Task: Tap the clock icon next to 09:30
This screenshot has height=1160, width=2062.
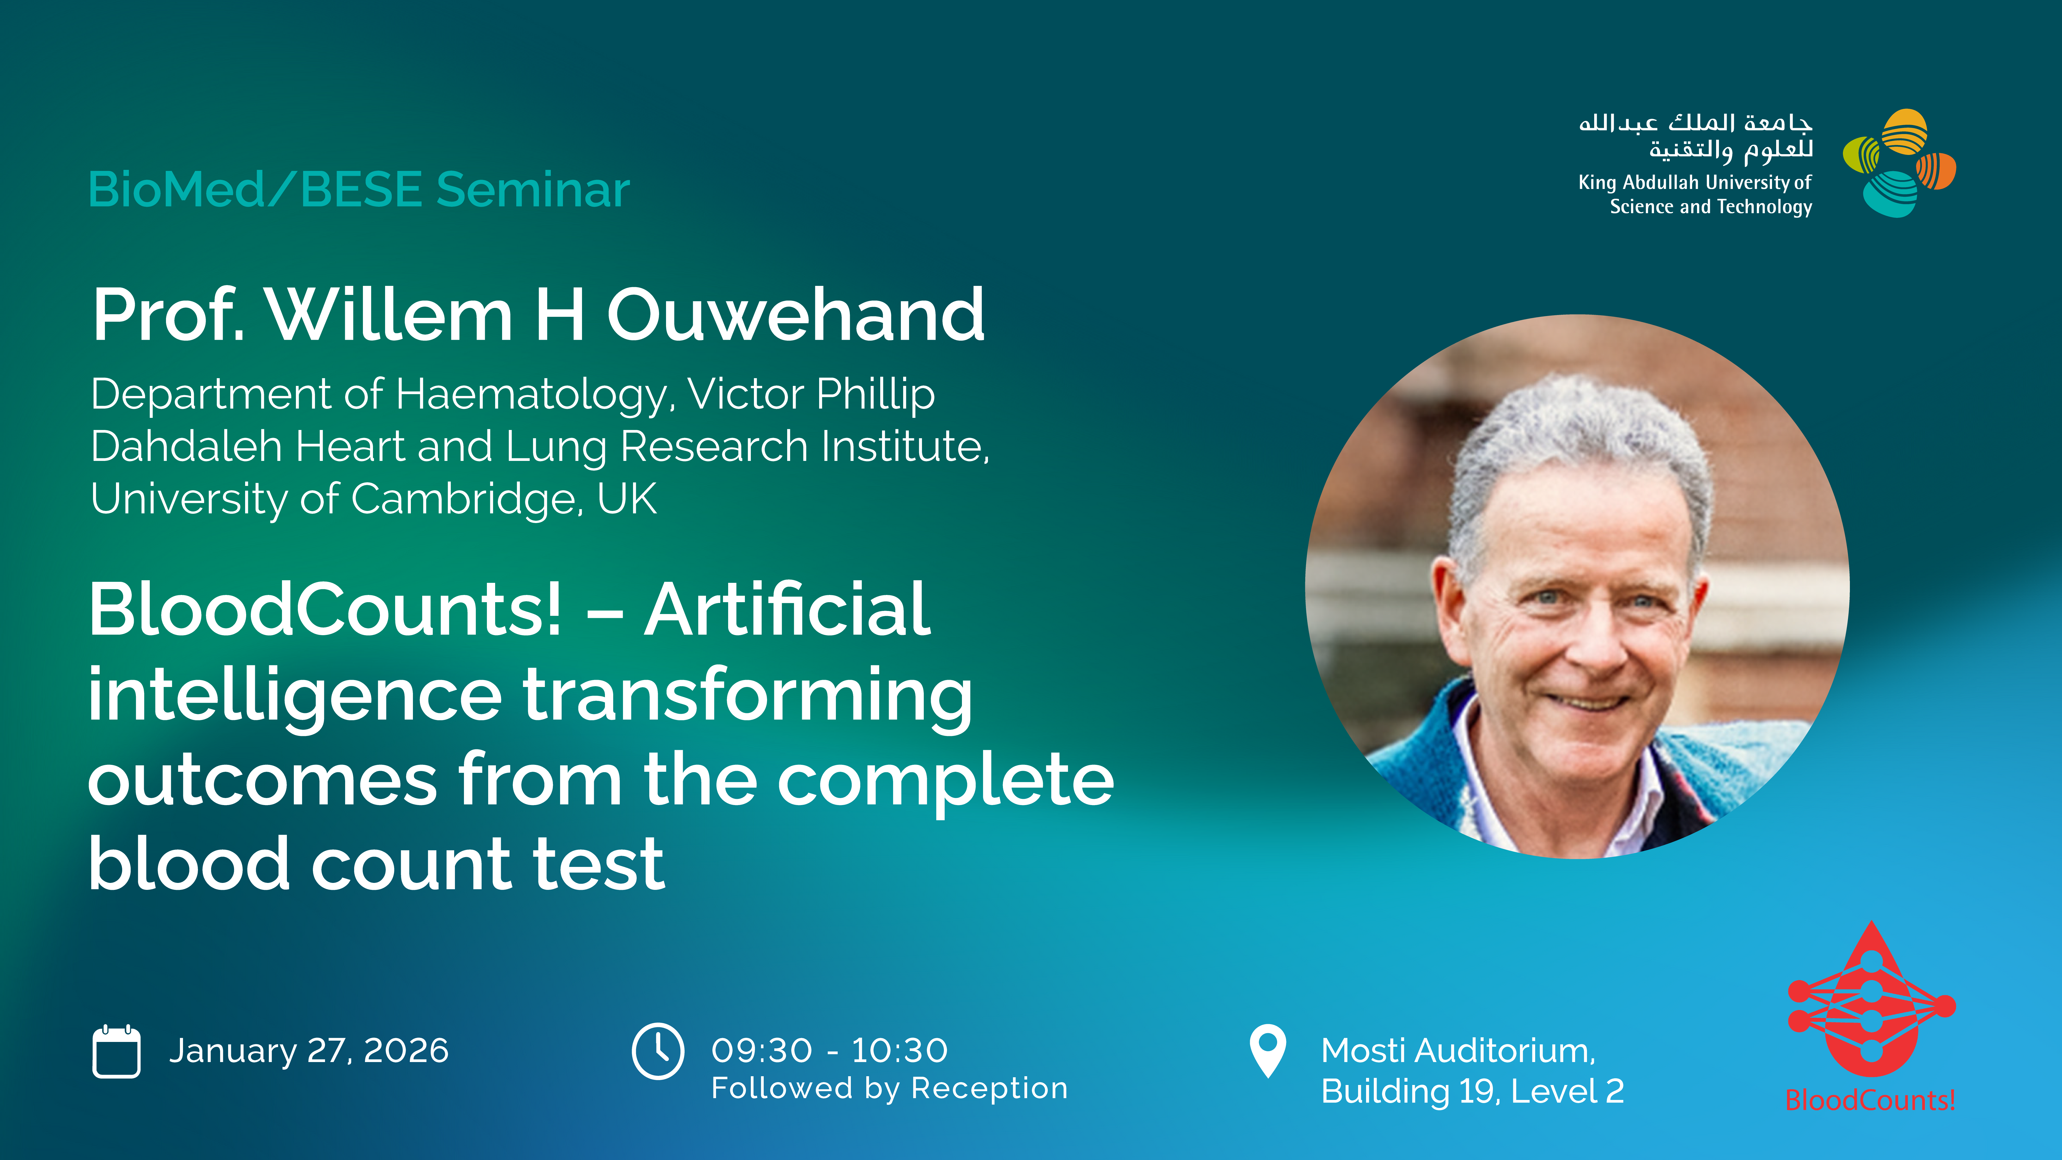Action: pos(658,1050)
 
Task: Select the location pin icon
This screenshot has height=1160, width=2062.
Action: pos(1268,1050)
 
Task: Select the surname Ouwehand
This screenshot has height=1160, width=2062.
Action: pos(796,314)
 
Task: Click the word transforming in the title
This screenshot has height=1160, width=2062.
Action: pos(748,697)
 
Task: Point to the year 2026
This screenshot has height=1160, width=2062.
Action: pos(407,1050)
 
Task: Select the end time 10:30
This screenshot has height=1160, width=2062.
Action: pos(900,1050)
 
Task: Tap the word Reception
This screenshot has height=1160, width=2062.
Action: pos(990,1088)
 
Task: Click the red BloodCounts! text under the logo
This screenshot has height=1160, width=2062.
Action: pos(1871,1100)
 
